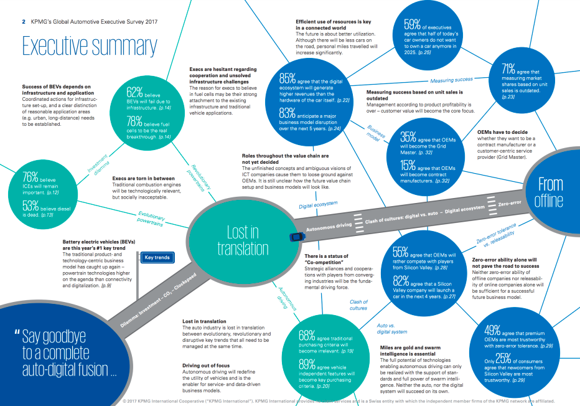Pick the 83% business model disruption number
coord(287,112)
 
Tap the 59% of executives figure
coord(413,24)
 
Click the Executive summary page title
coord(90,46)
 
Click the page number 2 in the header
coord(24,21)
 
